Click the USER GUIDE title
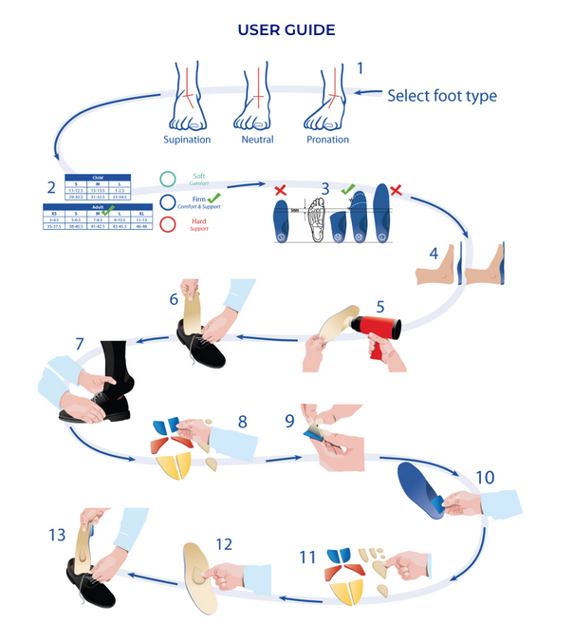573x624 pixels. tap(286, 30)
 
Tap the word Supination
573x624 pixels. tap(188, 140)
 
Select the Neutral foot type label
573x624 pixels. tap(257, 140)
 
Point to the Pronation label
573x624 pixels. tap(327, 140)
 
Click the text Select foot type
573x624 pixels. tap(441, 96)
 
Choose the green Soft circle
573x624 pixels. tap(168, 178)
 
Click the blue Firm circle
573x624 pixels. tap(168, 201)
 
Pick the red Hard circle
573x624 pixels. tap(168, 225)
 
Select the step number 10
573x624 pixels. tap(484, 478)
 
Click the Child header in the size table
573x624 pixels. tap(98, 177)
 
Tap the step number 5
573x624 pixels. tap(379, 307)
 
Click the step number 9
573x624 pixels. tap(290, 418)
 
